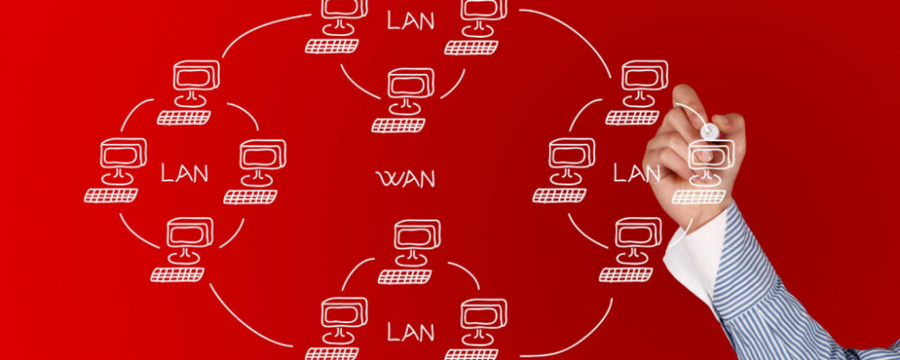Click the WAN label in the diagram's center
coord(405,178)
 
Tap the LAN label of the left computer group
coord(184,173)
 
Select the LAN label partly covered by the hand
coord(636,173)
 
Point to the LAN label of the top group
coord(410,20)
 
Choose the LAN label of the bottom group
coord(410,331)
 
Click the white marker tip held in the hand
coord(710,130)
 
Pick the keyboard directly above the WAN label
coord(398,125)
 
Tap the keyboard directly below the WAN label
coord(405,276)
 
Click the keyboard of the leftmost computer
coord(111,195)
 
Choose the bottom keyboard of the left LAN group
coord(177,274)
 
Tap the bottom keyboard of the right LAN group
coord(625,274)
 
